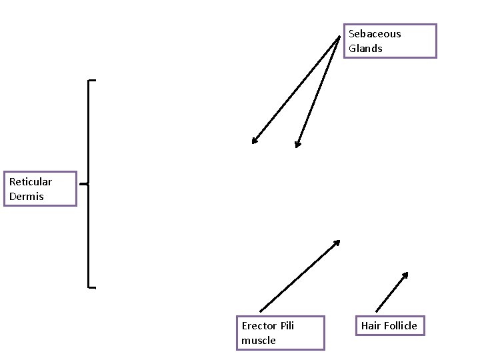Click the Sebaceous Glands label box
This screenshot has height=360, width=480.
[390, 41]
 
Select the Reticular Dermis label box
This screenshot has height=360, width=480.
[40, 189]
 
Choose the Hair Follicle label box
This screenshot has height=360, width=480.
[389, 325]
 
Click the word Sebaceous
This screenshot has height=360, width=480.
[375, 34]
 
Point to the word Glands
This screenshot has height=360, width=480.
[365, 49]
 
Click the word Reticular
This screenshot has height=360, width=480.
[31, 181]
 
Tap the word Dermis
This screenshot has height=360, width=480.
[27, 196]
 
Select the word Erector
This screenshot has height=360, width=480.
[257, 325]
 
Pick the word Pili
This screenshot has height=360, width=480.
[285, 325]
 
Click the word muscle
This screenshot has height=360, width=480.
[259, 340]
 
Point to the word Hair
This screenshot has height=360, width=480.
[371, 325]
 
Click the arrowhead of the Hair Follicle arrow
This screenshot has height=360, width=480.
[405, 273]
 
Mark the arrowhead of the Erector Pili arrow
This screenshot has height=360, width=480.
[338, 242]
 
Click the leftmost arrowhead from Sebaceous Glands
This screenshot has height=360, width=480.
[253, 141]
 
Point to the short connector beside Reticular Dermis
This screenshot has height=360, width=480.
[83, 183]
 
